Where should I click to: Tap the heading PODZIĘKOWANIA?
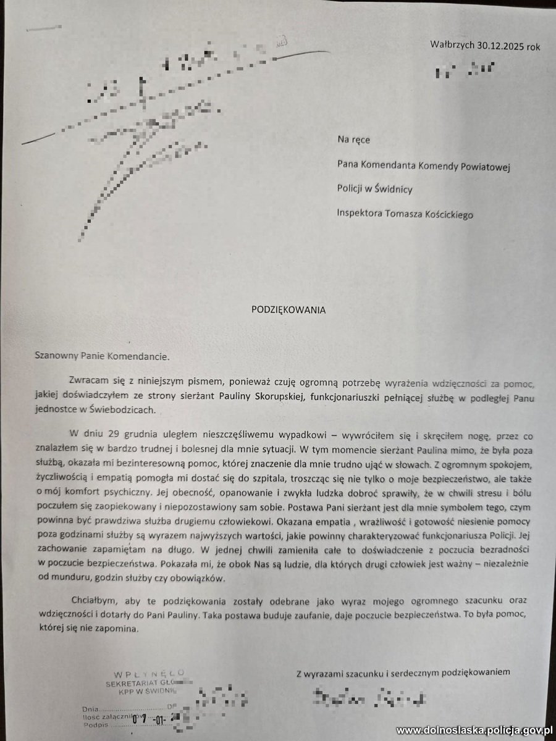pos(288,309)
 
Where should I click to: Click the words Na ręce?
pos(353,140)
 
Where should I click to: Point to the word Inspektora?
pos(360,212)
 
